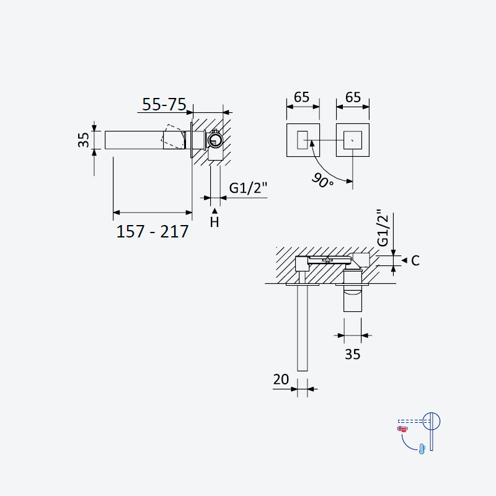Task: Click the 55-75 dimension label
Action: coord(164,104)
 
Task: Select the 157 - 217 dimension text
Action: coord(153,231)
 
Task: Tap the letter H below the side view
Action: coord(215,223)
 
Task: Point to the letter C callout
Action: coord(415,260)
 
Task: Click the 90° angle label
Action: coord(322,180)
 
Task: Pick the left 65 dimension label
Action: coord(301,97)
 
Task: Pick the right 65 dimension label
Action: coord(353,97)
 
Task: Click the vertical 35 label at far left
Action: coord(84,140)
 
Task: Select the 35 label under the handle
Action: coord(352,354)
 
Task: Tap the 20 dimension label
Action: coord(281,379)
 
